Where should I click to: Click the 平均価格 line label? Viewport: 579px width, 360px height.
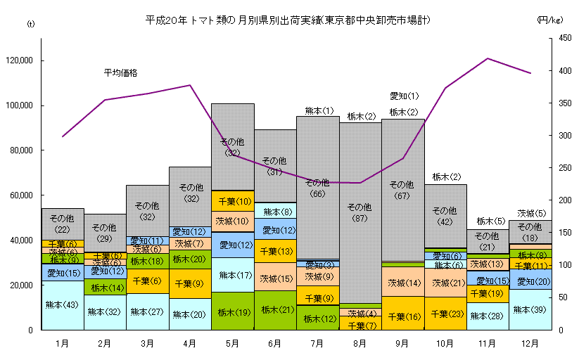point(120,72)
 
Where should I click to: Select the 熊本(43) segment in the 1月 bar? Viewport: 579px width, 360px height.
point(63,305)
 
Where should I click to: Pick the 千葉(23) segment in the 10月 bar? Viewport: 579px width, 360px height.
point(445,314)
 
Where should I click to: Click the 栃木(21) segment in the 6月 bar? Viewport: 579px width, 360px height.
point(274,310)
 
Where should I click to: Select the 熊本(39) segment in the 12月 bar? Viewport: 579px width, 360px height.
point(530,309)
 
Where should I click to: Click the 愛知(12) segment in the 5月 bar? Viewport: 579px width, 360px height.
point(232,245)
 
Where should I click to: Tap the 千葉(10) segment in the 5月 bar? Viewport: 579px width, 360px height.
point(232,201)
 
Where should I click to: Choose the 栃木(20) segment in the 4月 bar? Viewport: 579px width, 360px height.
point(190,259)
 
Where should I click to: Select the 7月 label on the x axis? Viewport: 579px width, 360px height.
point(317,344)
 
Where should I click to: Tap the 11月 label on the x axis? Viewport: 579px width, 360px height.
point(487,344)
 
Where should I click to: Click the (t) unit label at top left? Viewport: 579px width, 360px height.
point(30,24)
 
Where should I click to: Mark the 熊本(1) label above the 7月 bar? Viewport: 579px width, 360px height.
point(319,110)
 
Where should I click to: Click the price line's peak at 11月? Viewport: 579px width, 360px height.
point(488,58)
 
